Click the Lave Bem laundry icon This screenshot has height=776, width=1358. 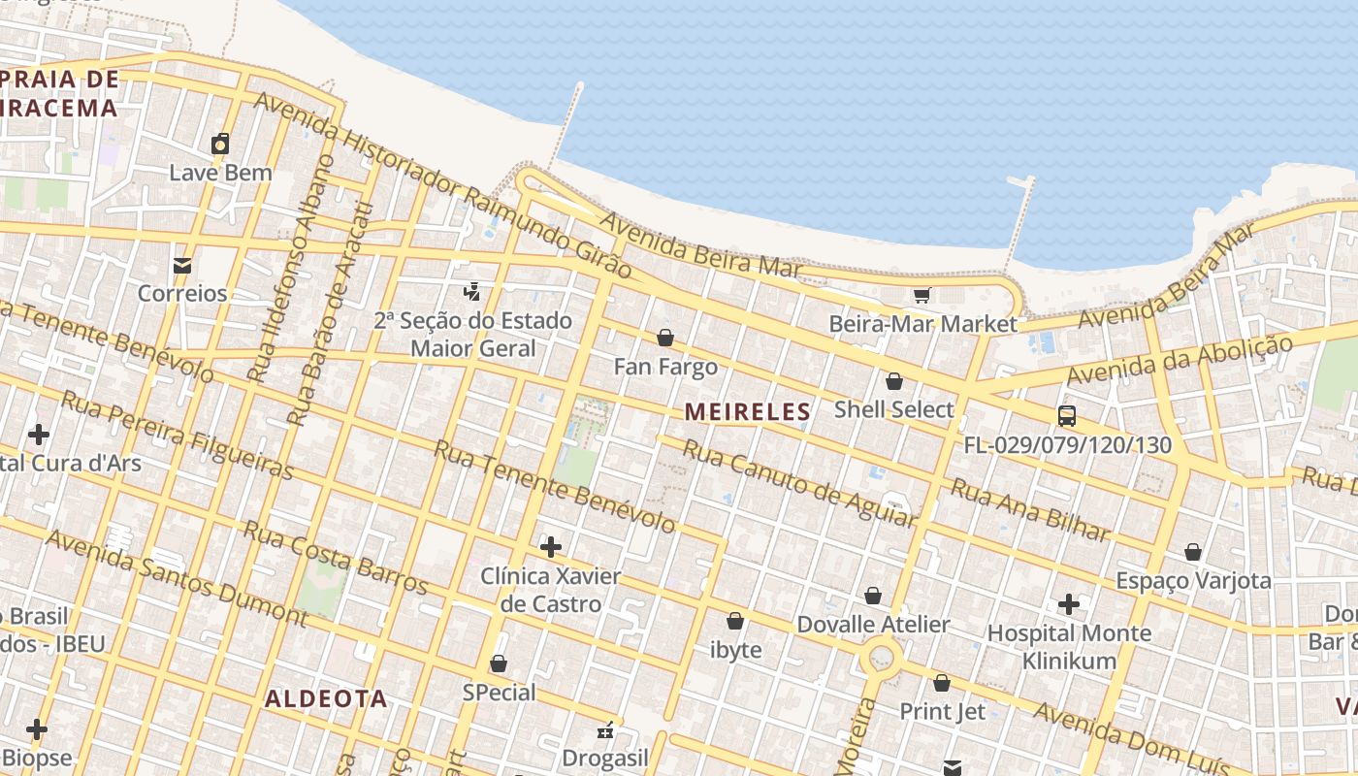click(220, 144)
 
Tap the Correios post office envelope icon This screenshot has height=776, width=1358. click(181, 265)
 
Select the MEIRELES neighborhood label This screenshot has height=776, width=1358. click(747, 411)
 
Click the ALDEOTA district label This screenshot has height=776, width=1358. click(326, 698)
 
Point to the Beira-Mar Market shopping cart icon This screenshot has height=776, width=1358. click(921, 295)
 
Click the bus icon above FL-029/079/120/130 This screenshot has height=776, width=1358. click(1067, 416)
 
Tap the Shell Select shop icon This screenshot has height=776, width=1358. click(894, 381)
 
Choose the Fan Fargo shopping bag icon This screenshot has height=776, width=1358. click(665, 338)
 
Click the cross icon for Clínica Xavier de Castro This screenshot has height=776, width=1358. click(550, 547)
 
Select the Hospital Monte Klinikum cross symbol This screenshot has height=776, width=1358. click(1068, 604)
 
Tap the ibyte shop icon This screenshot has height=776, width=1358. click(735, 621)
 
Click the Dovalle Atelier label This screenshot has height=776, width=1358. click(873, 625)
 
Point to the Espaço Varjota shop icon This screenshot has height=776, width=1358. click(1193, 552)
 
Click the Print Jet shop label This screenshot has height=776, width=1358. click(942, 711)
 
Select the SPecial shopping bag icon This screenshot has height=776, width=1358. click(499, 663)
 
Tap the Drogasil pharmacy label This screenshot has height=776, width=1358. click(606, 758)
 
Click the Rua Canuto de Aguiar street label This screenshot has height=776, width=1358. click(798, 482)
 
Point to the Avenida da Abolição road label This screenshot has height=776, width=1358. click(1179, 360)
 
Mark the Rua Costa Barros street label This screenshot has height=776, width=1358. click(335, 557)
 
